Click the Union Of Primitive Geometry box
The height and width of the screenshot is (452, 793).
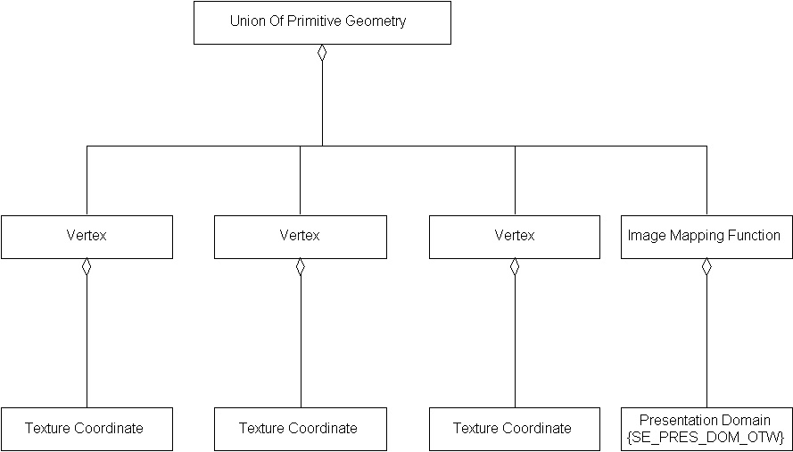point(322,22)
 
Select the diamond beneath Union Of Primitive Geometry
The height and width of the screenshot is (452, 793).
point(322,53)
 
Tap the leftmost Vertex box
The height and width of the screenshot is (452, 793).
point(87,237)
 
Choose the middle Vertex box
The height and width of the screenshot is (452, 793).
point(301,237)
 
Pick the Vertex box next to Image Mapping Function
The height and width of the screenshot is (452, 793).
point(515,237)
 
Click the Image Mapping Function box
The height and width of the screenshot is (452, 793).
point(706,237)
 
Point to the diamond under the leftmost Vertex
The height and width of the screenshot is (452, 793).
point(87,267)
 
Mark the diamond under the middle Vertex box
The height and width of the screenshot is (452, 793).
point(301,267)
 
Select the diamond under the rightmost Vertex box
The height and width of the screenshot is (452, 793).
point(515,267)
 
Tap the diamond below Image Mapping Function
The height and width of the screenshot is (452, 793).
point(706,267)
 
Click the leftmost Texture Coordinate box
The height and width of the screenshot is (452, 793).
point(87,429)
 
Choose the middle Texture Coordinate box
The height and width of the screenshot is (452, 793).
point(301,429)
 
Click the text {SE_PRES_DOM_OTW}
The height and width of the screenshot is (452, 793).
point(705,437)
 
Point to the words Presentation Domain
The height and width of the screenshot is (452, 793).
point(705,420)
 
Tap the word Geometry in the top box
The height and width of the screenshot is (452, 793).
point(375,21)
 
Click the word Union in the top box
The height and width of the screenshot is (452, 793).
point(247,21)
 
